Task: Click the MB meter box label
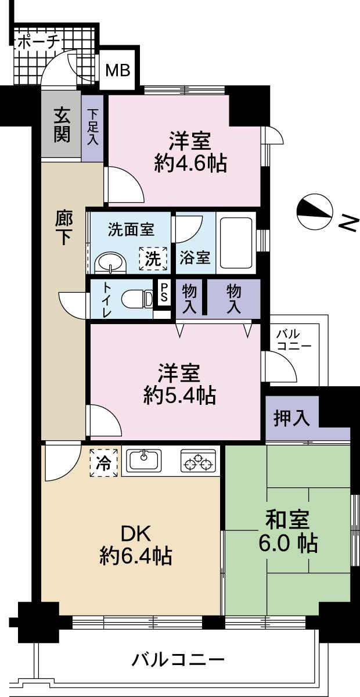click(x=117, y=71)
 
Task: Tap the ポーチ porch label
click(x=38, y=42)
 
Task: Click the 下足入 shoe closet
click(x=93, y=128)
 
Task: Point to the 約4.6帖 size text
click(x=190, y=164)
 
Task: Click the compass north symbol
click(x=315, y=213)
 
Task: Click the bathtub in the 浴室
click(x=236, y=243)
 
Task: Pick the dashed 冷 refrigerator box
click(x=103, y=463)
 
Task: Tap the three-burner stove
click(x=198, y=462)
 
